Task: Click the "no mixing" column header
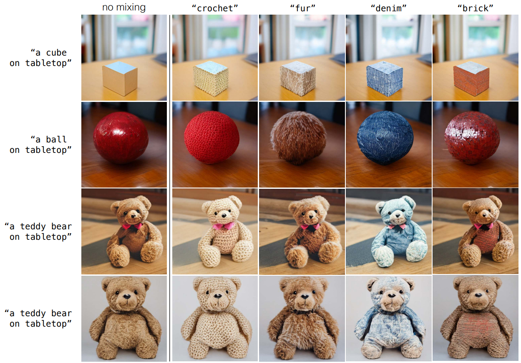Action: click(x=124, y=7)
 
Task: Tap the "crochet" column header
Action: click(x=215, y=8)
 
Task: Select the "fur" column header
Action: click(x=302, y=8)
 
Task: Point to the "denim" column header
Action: click(x=388, y=8)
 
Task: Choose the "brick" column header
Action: click(x=475, y=8)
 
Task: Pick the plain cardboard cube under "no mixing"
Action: click(x=120, y=78)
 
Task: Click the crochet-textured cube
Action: click(x=211, y=79)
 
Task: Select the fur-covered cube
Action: click(x=298, y=79)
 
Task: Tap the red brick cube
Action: click(x=471, y=79)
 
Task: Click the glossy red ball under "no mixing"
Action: click(x=121, y=137)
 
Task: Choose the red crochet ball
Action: click(x=211, y=137)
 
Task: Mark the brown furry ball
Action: click(x=298, y=138)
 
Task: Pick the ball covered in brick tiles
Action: click(x=472, y=138)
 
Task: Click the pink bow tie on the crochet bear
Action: click(x=224, y=226)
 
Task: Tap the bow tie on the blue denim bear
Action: click(x=397, y=226)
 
